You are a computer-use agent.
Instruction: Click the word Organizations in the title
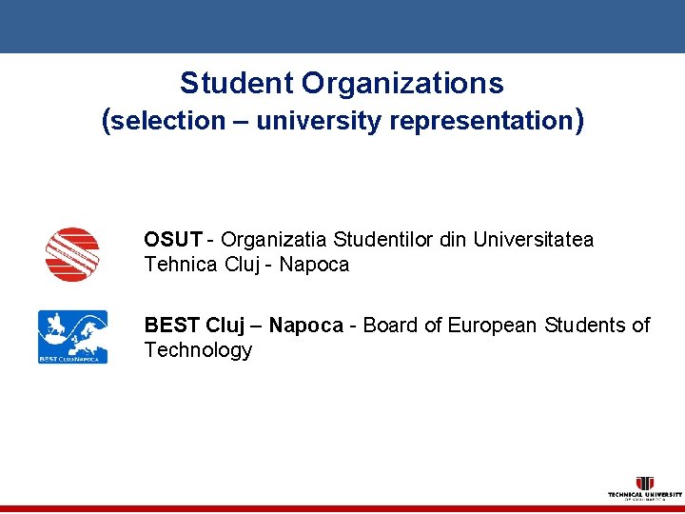[402, 84]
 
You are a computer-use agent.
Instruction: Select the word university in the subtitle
[313, 121]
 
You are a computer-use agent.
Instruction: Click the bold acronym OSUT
[172, 240]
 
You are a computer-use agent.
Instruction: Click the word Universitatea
[534, 240]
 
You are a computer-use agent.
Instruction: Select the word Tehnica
[181, 265]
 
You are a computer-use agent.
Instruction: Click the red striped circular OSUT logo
[72, 254]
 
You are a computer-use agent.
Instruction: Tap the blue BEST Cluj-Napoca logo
[72, 336]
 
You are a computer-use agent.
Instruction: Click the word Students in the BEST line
[586, 326]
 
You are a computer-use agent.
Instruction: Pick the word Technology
[198, 350]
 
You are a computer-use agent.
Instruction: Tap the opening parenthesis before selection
[107, 121]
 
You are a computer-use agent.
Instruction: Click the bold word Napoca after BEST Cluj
[305, 326]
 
